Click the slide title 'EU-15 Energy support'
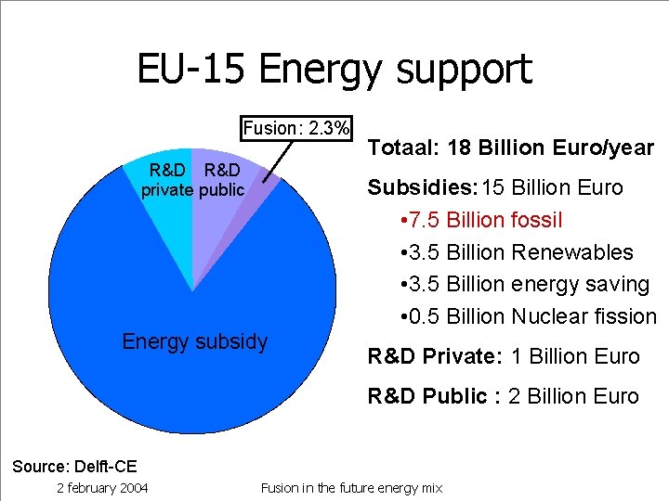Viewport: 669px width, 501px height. pyautogui.click(x=334, y=70)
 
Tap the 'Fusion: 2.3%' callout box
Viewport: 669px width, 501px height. pyautogui.click(x=296, y=128)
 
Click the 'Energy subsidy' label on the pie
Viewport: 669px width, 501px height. pyautogui.click(x=194, y=341)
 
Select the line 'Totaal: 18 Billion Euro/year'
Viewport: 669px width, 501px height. pyautogui.click(x=511, y=148)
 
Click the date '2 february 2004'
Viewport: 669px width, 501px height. pyautogui.click(x=102, y=488)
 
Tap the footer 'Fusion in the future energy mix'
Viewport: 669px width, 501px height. pyautogui.click(x=352, y=488)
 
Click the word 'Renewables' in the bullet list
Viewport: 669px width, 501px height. pyautogui.click(x=572, y=252)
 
